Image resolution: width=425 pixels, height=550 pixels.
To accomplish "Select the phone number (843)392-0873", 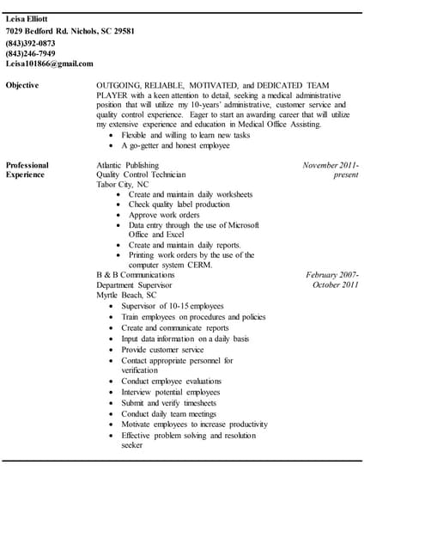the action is click(x=30, y=42).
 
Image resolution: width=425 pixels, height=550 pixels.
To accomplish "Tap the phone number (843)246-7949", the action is click(x=30, y=52).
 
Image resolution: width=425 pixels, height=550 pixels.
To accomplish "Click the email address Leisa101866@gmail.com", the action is click(x=50, y=64).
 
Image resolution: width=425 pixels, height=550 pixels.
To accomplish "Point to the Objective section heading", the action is click(x=22, y=86).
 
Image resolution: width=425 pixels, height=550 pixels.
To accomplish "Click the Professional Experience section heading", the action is click(x=27, y=169).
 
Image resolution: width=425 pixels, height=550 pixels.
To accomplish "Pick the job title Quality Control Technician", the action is click(x=141, y=174).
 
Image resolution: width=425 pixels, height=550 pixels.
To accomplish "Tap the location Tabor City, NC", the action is click(x=122, y=184).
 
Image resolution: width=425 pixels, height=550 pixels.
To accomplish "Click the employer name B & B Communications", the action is click(x=136, y=275).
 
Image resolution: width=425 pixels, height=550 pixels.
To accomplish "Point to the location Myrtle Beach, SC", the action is click(x=126, y=295).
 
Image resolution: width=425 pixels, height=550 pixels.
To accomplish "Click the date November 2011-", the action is click(x=331, y=165).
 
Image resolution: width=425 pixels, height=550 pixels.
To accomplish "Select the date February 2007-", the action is click(x=332, y=275).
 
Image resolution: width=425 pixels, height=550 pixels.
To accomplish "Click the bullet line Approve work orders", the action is click(x=164, y=215).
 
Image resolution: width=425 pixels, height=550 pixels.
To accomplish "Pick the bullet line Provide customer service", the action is click(x=162, y=350).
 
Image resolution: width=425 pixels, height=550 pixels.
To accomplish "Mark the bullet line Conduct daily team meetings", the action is click(x=168, y=413).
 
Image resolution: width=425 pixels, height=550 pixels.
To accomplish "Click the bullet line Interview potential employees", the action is click(x=170, y=392).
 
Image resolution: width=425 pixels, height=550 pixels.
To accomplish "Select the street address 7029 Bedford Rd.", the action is click(x=39, y=31).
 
